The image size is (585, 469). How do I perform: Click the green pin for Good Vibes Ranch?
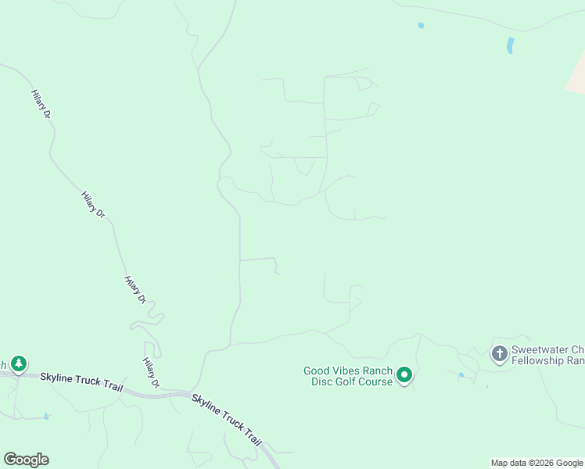tap(404, 375)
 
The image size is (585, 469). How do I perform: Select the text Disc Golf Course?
tap(352, 381)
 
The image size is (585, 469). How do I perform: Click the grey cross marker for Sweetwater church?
tap(499, 353)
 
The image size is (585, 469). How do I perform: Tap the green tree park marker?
tap(18, 363)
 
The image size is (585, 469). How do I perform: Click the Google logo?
tap(26, 460)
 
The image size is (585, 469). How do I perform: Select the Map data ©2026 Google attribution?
tap(537, 463)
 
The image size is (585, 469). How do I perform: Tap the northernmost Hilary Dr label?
tap(41, 104)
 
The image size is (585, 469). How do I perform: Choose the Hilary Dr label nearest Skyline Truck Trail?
tap(151, 373)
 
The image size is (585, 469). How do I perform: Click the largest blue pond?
tap(511, 45)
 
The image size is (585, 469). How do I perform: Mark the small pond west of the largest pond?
tap(421, 26)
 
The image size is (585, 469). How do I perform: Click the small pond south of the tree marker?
tap(46, 416)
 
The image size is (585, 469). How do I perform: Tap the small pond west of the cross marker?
tap(461, 375)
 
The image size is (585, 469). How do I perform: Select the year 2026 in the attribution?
tap(546, 463)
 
